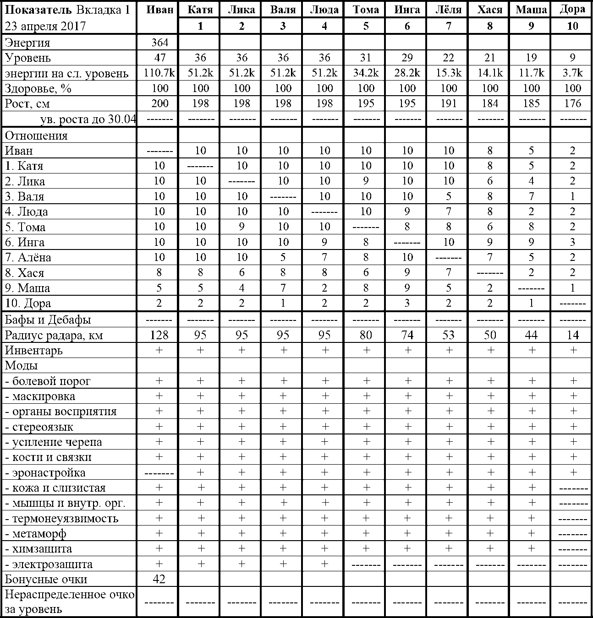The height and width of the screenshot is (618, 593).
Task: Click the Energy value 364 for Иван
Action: tap(159, 43)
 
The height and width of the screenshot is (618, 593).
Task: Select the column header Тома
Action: tap(366, 10)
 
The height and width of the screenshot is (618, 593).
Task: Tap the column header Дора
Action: tap(572, 10)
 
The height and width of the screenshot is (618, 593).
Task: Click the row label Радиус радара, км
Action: tap(54, 335)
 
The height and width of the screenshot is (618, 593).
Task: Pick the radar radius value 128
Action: tap(159, 335)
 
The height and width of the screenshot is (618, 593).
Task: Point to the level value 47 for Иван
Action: tap(159, 58)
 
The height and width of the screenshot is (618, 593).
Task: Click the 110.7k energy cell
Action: tap(159, 73)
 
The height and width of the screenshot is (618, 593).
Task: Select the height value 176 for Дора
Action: tap(572, 103)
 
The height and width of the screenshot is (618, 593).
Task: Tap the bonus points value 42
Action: tap(159, 579)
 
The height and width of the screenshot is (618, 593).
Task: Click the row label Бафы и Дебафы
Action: tap(48, 320)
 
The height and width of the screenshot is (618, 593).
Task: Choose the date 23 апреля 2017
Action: tap(45, 26)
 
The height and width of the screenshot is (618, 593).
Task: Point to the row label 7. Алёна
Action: tap(28, 257)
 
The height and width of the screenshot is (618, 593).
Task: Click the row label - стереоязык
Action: tap(39, 427)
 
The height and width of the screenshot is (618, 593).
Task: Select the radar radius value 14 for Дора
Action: tap(572, 335)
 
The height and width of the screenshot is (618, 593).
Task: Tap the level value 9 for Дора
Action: tap(572, 58)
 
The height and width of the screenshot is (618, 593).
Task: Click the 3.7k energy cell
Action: tap(572, 73)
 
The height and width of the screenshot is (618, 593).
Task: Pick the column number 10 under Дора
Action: tap(572, 26)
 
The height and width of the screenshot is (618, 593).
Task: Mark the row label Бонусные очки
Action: tap(46, 579)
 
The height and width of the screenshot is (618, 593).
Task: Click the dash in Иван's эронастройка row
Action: tap(159, 472)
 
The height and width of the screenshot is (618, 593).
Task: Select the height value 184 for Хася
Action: tap(490, 103)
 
